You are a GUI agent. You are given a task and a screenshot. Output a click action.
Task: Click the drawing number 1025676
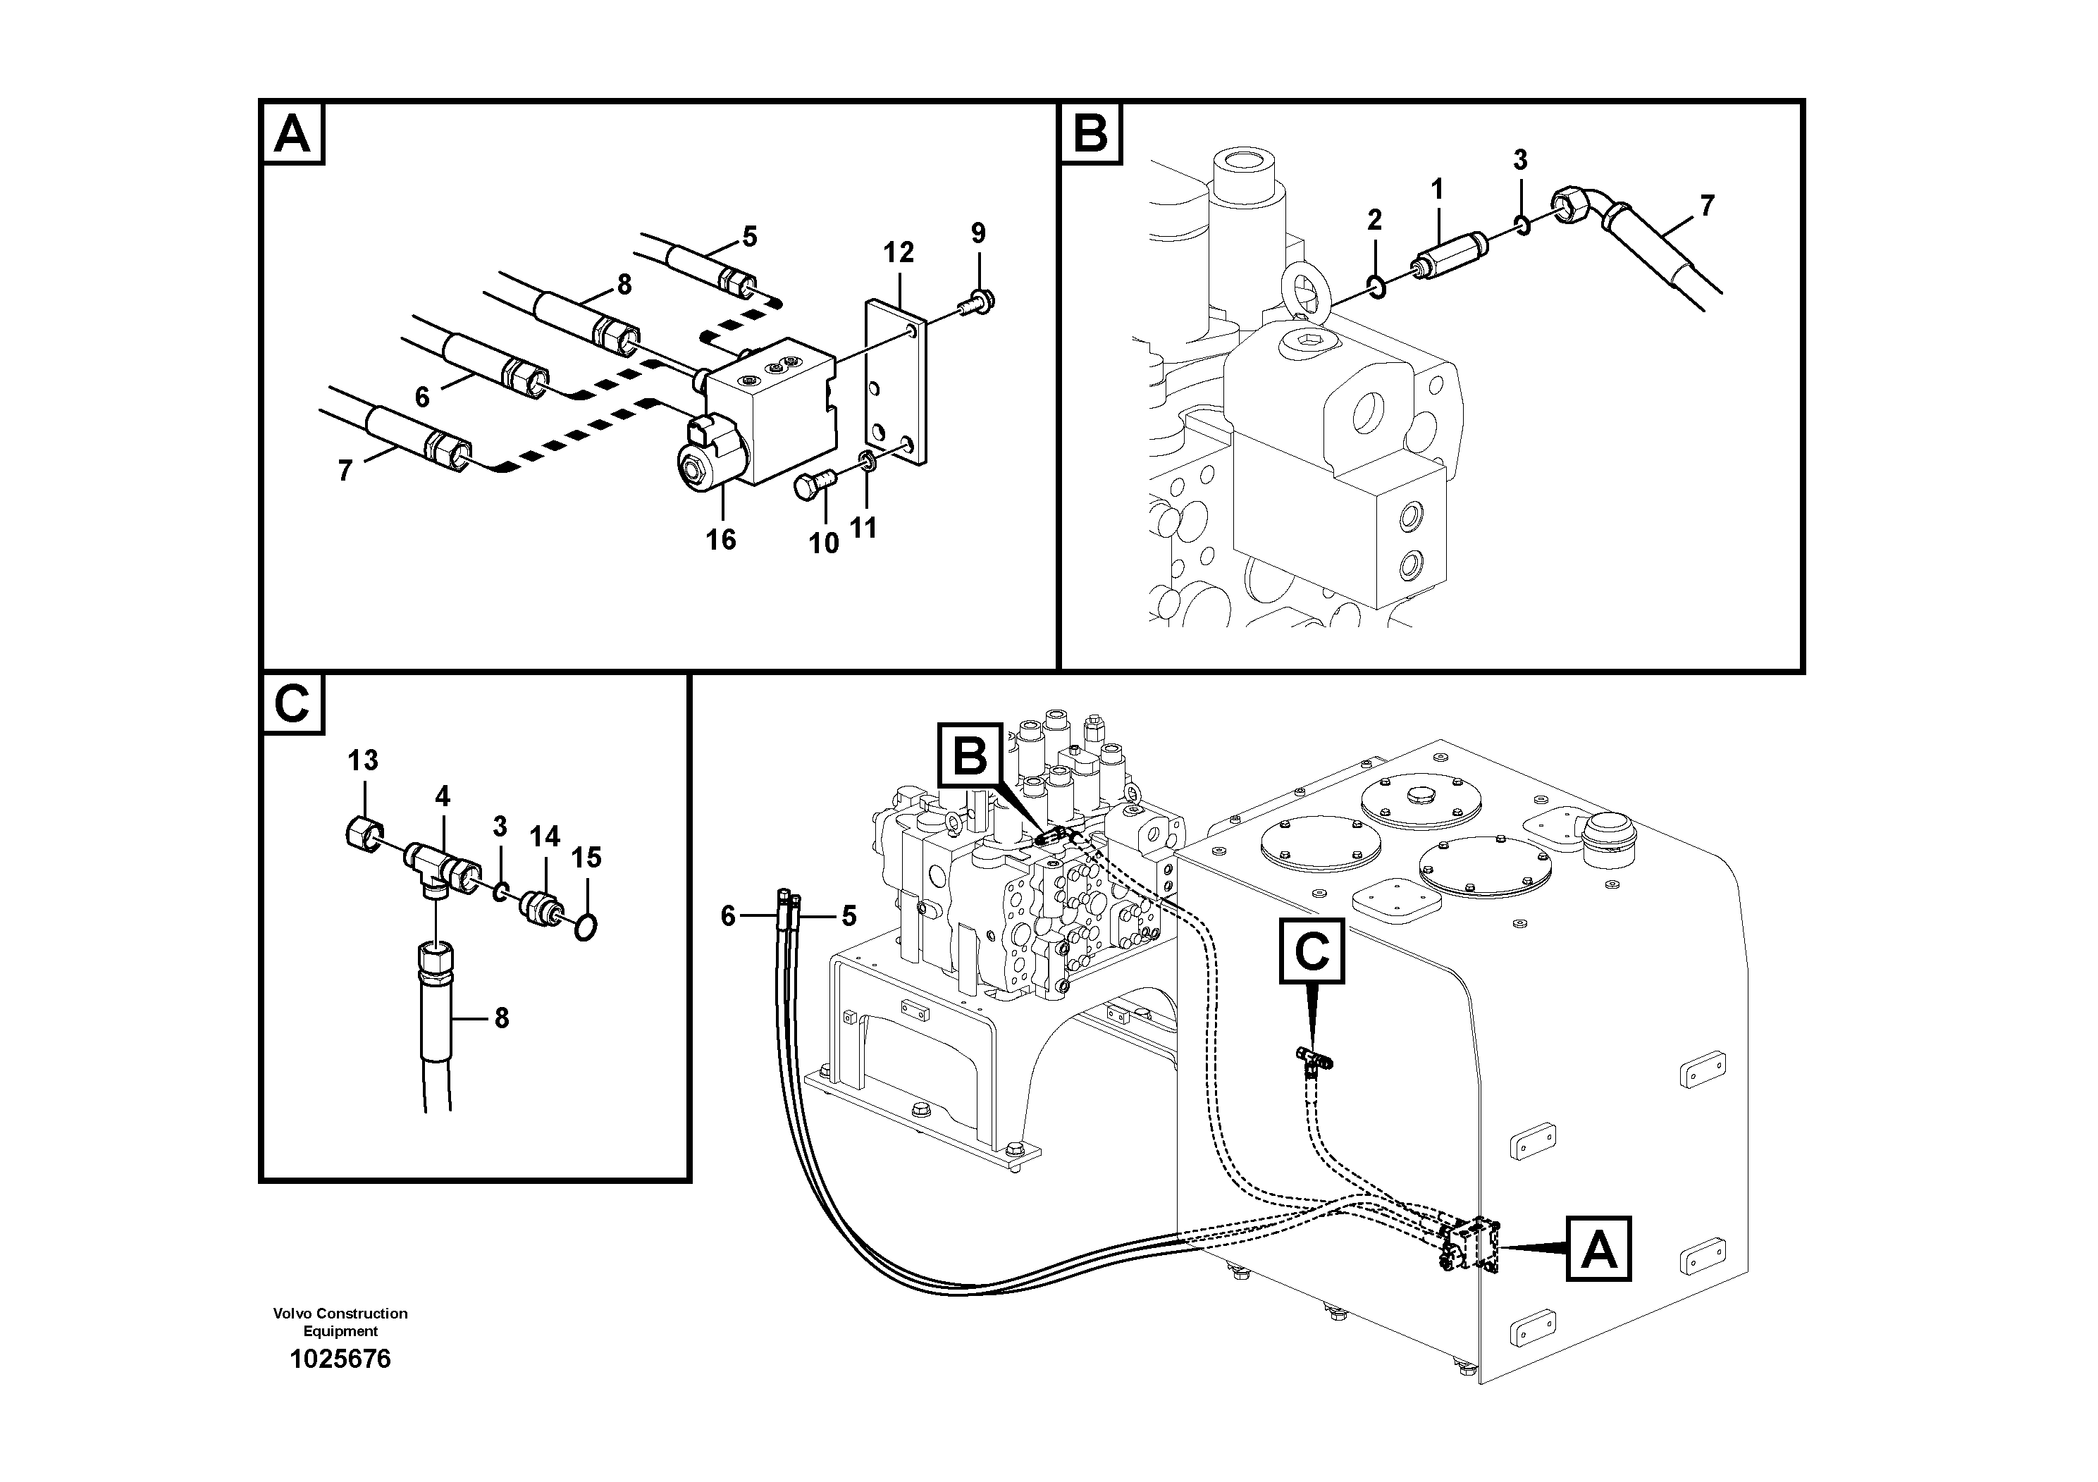click(340, 1359)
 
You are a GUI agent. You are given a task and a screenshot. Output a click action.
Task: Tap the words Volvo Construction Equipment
click(340, 1321)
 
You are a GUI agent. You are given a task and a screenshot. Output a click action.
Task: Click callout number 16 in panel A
click(720, 540)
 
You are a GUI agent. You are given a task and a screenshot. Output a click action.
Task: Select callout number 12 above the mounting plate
click(899, 252)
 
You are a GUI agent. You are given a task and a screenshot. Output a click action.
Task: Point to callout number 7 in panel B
click(1707, 206)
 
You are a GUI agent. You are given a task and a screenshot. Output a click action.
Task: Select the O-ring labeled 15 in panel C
click(586, 930)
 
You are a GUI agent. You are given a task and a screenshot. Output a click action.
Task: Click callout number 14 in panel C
click(545, 836)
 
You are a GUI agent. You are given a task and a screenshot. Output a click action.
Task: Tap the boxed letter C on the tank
click(1312, 952)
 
